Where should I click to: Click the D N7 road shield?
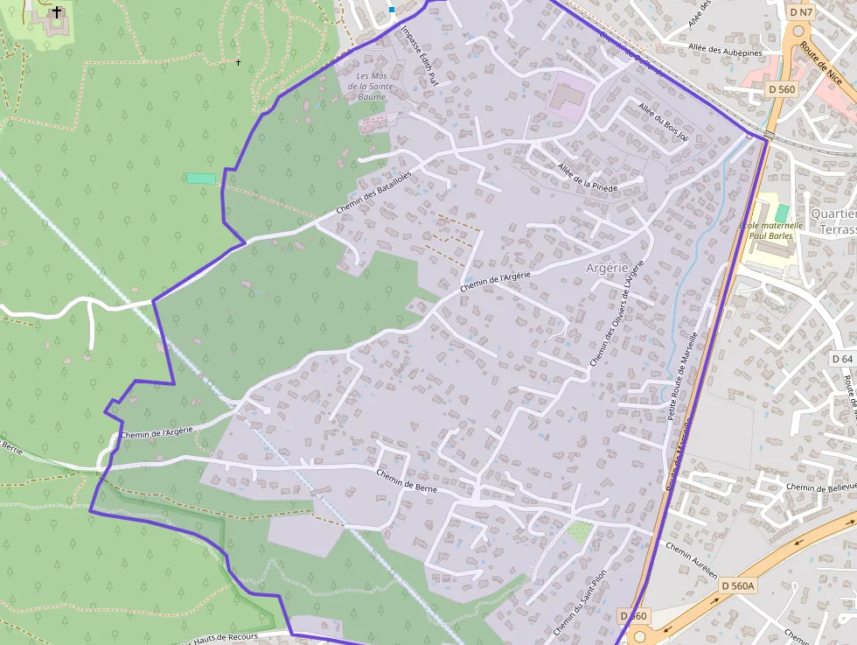(801, 12)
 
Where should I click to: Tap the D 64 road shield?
(842, 359)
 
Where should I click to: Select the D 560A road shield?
(737, 585)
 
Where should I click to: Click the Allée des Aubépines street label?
(726, 51)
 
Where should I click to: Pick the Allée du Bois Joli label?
(664, 121)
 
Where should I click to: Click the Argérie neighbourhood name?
(607, 268)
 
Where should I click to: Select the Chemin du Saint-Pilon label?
(580, 604)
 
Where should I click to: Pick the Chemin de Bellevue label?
(819, 487)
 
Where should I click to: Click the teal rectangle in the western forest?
(201, 179)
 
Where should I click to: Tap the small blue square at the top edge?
(392, 10)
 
